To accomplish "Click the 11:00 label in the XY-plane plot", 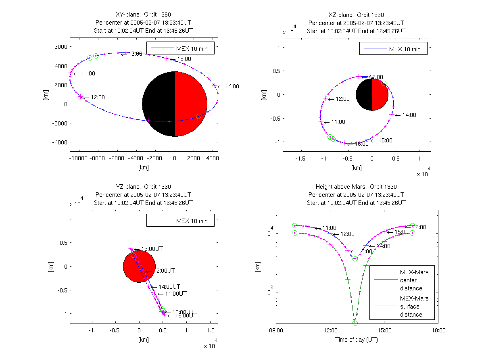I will coord(88,74).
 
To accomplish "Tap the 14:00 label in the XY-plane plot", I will coord(232,86).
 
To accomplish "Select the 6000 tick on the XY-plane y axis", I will coord(60,47).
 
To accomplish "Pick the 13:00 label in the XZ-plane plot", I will coord(376,77).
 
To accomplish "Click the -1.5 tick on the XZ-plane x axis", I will coord(300,159).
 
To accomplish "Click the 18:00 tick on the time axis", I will coord(438,330).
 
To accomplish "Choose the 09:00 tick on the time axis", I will coord(276,330).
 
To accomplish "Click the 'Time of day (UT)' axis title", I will coord(357,340).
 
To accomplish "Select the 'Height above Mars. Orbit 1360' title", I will coord(357,187).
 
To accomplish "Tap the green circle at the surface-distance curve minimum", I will coord(355,323).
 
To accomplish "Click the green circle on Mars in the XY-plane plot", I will coord(198,116).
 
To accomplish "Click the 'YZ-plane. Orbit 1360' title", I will coord(143,187).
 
